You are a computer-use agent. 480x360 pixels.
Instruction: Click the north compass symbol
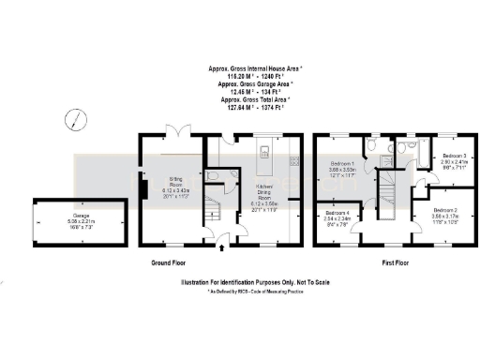(x=73, y=119)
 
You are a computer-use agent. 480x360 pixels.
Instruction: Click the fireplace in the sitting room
(x=143, y=190)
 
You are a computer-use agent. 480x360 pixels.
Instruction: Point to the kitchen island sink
(x=265, y=151)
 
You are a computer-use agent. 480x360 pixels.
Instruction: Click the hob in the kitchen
(x=296, y=160)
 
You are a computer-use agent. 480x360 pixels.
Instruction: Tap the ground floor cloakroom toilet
(x=215, y=175)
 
